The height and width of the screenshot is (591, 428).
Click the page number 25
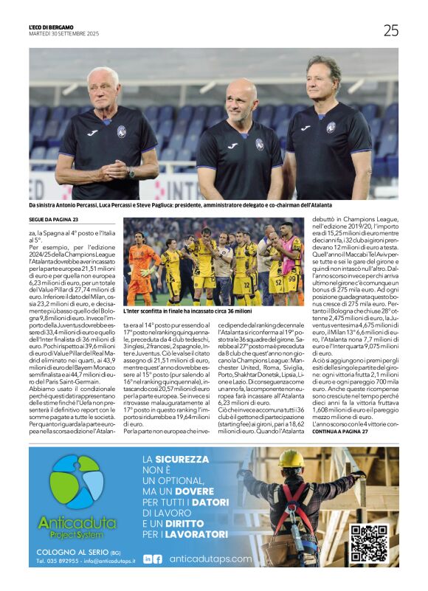[390, 30]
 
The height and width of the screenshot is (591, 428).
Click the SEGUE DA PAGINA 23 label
[53, 220]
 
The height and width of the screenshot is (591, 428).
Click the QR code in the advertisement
[368, 544]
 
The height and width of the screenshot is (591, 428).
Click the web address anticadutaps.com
[210, 559]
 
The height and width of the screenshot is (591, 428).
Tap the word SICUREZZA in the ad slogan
[193, 460]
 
